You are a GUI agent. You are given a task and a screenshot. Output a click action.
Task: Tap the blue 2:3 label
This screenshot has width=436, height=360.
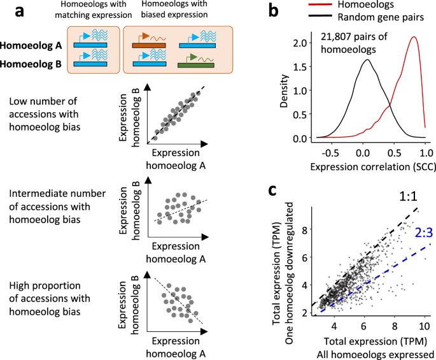(421, 233)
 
